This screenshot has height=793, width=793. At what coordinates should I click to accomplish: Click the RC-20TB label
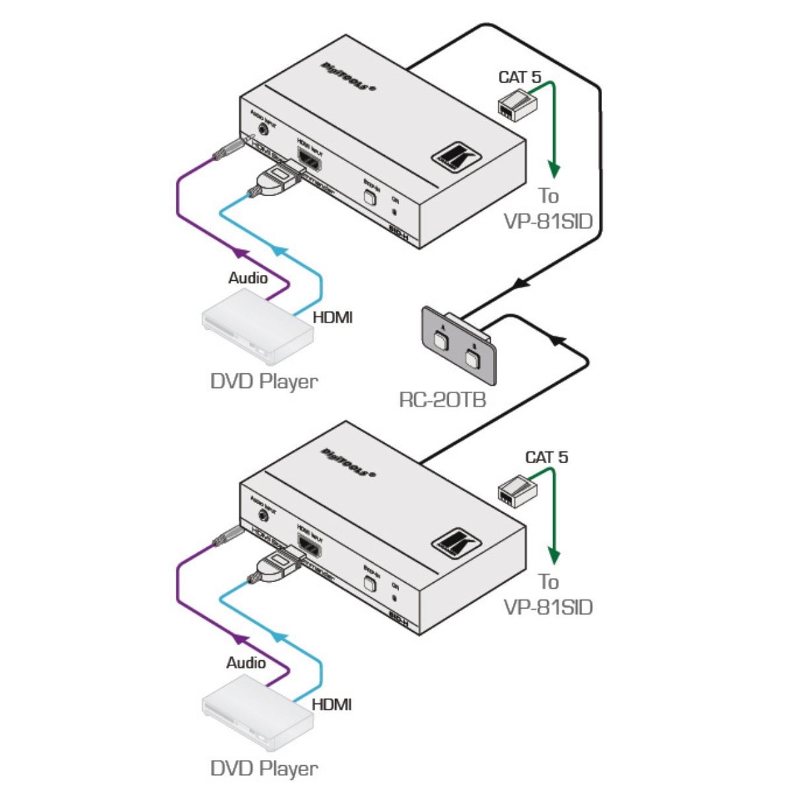(x=442, y=399)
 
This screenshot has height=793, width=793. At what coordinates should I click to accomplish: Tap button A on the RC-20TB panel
(x=441, y=342)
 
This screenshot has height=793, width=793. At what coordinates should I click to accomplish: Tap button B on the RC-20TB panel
(x=472, y=358)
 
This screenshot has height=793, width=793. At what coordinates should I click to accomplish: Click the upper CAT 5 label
(x=519, y=77)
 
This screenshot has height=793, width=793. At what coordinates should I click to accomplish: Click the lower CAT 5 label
(x=547, y=457)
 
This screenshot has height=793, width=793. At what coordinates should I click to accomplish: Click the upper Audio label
(x=248, y=278)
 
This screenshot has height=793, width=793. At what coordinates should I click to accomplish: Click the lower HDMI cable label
(x=332, y=704)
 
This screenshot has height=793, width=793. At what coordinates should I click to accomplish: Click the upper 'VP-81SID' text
(x=548, y=221)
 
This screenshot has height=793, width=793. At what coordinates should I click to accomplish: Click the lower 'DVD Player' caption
(x=264, y=768)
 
